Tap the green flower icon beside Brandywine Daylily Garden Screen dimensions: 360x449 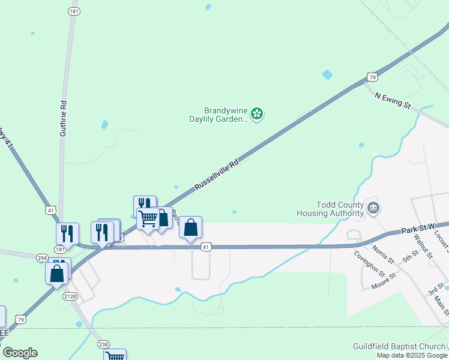257,113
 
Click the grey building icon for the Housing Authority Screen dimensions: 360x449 373,208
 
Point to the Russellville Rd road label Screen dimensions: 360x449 217,175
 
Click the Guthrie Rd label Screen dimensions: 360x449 62,118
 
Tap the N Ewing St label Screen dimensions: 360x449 392,100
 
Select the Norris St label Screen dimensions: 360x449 382,253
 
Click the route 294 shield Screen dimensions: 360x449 42,258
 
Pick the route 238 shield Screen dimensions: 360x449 104,344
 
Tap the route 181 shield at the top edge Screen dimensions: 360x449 74,11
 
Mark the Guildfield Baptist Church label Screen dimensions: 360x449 399,346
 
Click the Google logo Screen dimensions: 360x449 20,353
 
